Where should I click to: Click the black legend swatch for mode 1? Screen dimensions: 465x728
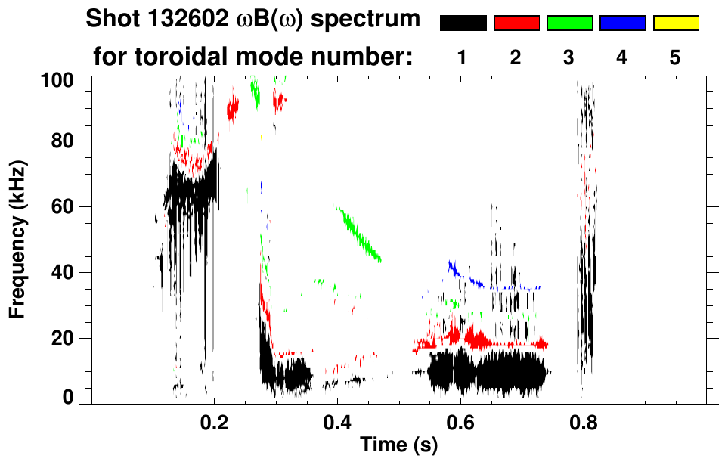pos(463,23)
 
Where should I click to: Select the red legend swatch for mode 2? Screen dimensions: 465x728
pos(516,23)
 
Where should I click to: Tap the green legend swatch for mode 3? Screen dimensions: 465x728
pos(569,23)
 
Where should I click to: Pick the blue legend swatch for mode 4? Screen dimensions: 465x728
pos(622,23)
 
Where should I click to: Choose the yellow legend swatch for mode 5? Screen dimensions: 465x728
pos(676,23)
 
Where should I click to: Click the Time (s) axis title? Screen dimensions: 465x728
pos(398,445)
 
